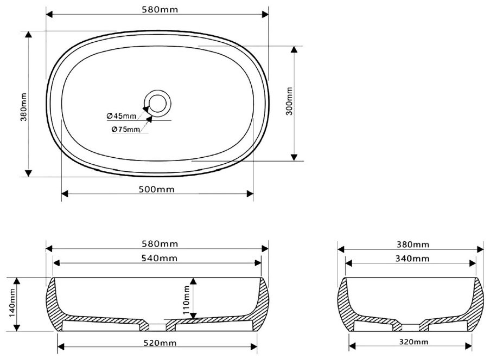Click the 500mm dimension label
tap(157, 189)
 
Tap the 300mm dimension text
tap(289, 101)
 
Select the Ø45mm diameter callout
tap(122, 116)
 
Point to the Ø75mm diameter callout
tap(126, 129)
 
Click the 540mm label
tap(160, 258)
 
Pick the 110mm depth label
tap(187, 300)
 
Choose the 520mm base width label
tap(160, 343)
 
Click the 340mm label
tap(412, 259)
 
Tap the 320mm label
tap(413, 342)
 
